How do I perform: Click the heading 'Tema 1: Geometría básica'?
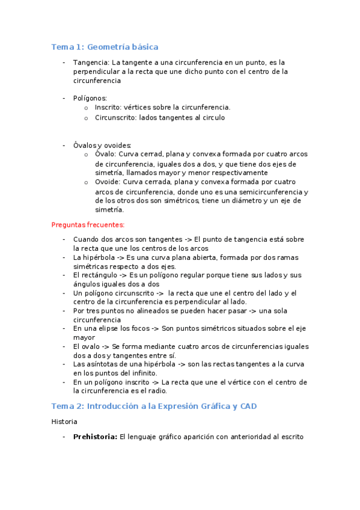tap(105, 46)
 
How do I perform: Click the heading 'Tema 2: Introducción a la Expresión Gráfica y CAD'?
tap(154, 406)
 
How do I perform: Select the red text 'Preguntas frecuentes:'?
tap(88, 224)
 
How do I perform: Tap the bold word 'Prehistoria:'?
tap(95, 437)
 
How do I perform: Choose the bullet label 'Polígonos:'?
tap(90, 97)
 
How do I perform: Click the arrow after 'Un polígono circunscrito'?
tap(159, 293)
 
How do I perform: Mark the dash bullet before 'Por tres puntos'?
tap(64, 311)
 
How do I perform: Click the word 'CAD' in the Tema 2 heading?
tap(248, 406)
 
